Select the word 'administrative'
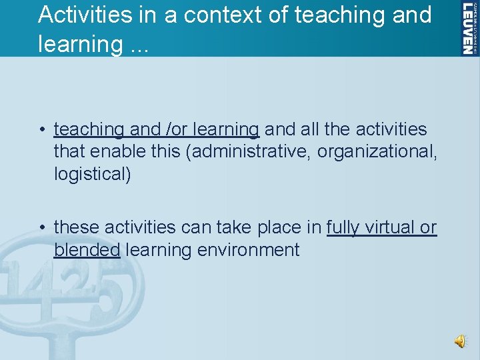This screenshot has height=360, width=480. pos(251,151)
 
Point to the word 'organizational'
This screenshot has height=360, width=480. pos(377,151)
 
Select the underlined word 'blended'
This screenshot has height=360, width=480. pos(87,250)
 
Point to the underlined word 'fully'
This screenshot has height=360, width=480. pos(343,227)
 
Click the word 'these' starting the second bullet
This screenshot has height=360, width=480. pos(75,227)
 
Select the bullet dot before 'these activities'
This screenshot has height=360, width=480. pos(42,228)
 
